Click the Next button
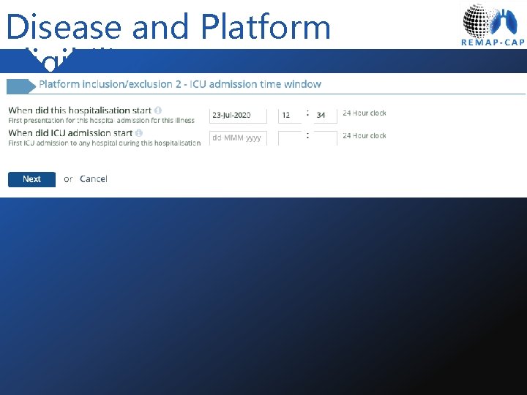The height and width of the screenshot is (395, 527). tap(31, 179)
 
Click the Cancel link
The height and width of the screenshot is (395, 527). tap(94, 179)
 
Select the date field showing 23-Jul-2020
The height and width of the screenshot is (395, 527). tap(238, 115)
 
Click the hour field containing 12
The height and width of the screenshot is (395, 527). tap(291, 115)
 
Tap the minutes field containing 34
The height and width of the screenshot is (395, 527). tap(325, 115)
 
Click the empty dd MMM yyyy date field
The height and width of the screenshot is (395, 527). tap(238, 138)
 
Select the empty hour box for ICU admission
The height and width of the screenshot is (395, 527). tap(291, 138)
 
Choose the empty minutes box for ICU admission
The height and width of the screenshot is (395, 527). tap(325, 138)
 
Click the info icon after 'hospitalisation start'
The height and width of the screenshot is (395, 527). tap(158, 110)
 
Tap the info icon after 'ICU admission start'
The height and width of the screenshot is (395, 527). tap(139, 133)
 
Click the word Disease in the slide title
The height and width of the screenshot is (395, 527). tap(63, 27)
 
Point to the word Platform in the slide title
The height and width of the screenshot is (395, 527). tap(265, 27)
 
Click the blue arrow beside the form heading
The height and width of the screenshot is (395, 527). tap(21, 86)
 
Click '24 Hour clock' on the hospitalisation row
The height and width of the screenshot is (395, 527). tap(364, 113)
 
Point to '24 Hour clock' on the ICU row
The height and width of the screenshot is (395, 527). tap(364, 136)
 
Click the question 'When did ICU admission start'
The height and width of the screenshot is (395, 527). tap(70, 133)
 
